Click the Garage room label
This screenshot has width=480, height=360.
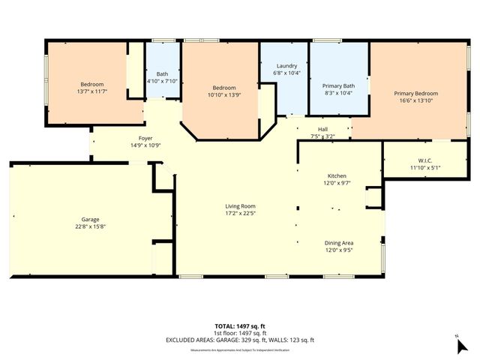click(90, 219)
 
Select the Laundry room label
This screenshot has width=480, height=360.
click(287, 66)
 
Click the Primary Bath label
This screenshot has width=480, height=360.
click(337, 85)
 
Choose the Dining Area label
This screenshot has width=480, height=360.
click(339, 243)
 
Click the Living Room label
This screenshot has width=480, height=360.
click(241, 205)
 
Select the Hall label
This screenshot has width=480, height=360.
click(322, 129)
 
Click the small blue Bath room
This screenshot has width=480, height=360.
click(162, 70)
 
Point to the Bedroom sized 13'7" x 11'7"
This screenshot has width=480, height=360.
click(92, 87)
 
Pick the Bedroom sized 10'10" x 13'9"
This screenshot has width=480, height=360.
click(223, 91)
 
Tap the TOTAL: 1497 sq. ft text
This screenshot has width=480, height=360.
click(241, 326)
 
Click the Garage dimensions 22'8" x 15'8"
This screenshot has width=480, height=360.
click(90, 226)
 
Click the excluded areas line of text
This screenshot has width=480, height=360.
click(241, 340)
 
